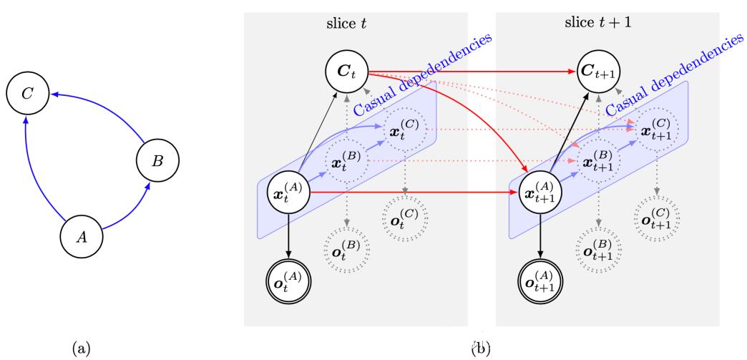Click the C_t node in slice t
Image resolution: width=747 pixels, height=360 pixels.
[346, 72]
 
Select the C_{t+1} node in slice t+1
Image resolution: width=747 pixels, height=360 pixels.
[600, 72]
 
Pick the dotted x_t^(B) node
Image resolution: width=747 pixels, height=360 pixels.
[346, 163]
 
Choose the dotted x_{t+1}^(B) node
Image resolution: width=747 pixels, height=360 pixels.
[599, 163]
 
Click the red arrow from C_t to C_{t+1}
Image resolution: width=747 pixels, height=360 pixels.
[472, 72]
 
